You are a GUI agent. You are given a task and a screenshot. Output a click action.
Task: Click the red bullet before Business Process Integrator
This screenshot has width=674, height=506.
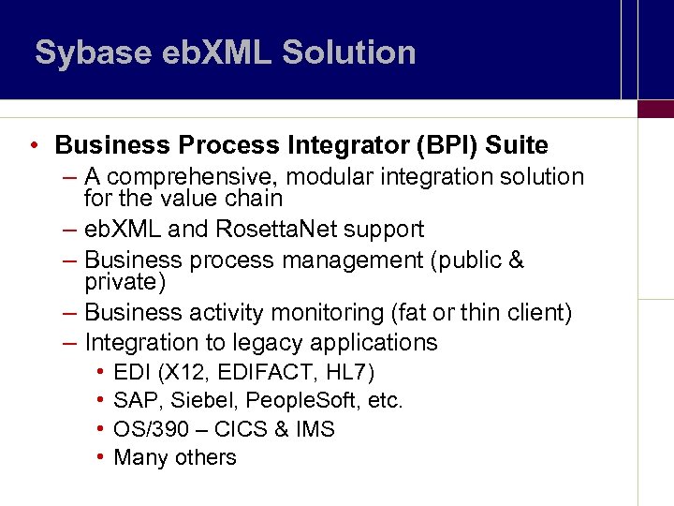pyautogui.click(x=33, y=146)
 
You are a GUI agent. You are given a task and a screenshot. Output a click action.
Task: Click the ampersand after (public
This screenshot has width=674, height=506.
pyautogui.click(x=516, y=260)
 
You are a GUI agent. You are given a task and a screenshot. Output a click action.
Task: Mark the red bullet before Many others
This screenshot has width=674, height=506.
pyautogui.click(x=99, y=457)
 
